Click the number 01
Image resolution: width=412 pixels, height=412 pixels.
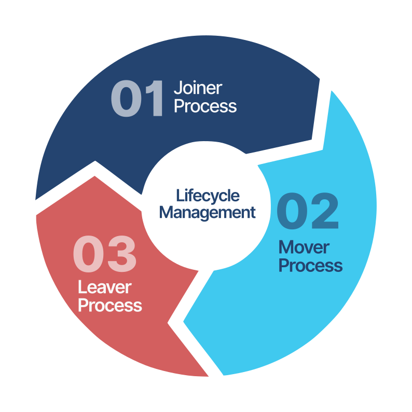[137, 99]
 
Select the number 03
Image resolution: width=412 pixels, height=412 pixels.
[105, 255]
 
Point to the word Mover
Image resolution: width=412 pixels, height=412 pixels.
[304, 247]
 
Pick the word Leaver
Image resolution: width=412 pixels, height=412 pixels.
[104, 287]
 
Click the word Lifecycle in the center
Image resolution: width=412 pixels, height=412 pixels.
[208, 196]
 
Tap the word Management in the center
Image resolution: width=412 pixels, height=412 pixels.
[208, 212]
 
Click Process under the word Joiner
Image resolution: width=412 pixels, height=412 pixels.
[205, 106]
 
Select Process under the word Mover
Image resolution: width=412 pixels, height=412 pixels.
[310, 266]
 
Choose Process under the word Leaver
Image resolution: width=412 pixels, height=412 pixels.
[109, 305]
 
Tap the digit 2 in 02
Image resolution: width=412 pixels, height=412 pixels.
[325, 212]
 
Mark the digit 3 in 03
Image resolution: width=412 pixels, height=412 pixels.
[122, 255]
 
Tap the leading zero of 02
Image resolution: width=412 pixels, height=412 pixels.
[292, 212]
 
